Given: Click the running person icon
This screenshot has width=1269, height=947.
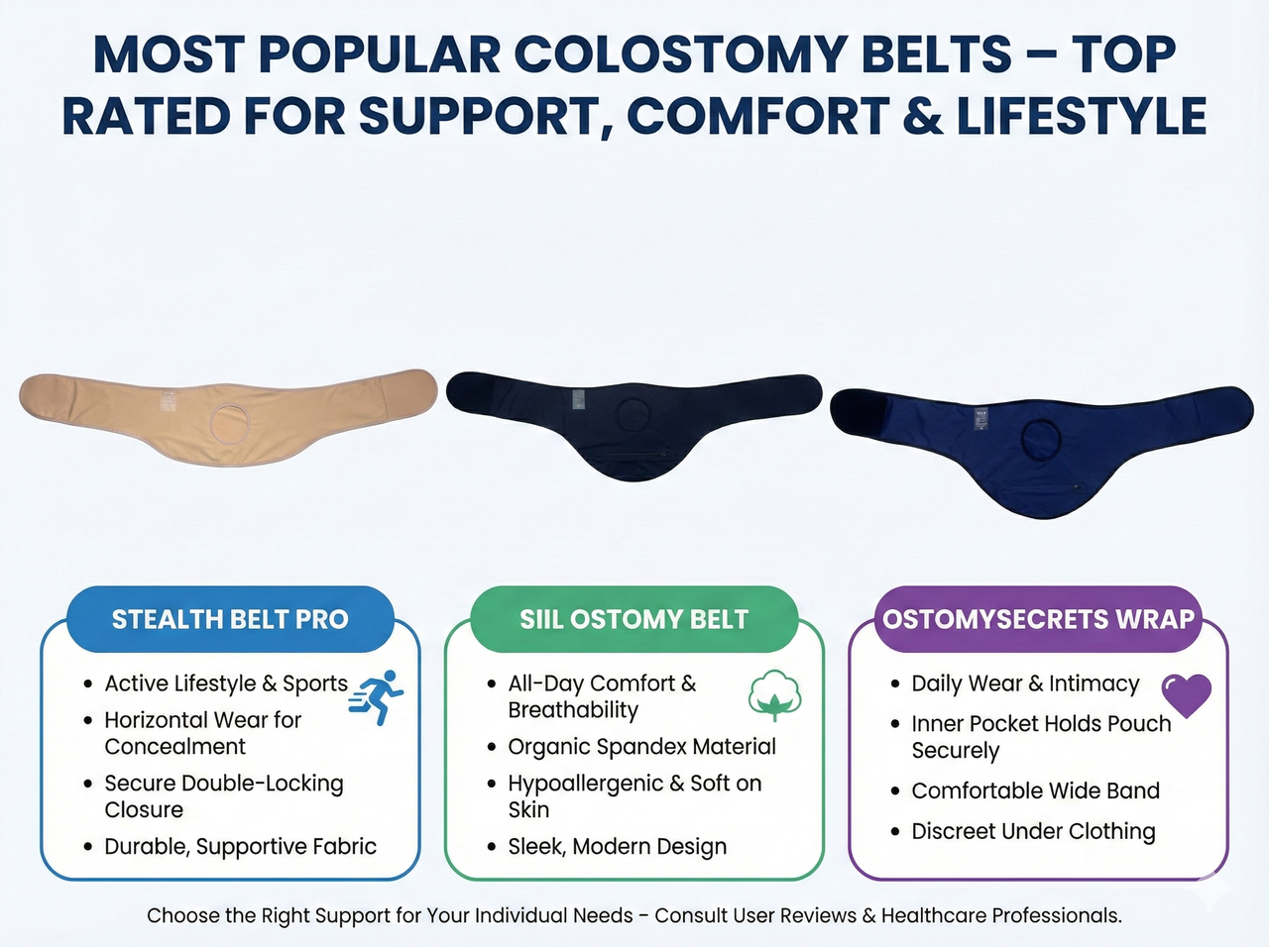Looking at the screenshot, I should click(379, 696).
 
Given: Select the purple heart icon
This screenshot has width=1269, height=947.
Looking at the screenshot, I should click(1186, 694).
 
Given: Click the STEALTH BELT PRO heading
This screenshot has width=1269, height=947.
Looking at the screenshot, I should click(230, 619).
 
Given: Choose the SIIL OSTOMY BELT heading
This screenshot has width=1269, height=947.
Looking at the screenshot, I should click(634, 619).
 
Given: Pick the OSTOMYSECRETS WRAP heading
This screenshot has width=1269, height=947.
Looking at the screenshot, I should click(1038, 619).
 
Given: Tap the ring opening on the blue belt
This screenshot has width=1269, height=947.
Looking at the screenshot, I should click(1041, 438).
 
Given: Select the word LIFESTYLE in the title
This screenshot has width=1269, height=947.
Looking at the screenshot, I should click(1081, 116).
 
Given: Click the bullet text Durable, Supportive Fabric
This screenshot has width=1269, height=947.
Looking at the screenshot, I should click(241, 846).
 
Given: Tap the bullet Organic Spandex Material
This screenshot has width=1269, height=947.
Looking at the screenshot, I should click(641, 746).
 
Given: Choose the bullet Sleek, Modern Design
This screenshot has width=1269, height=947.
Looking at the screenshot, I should click(617, 846).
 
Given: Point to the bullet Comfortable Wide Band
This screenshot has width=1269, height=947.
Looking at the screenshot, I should click(1035, 790).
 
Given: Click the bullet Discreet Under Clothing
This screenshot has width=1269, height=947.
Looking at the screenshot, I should click(1033, 831).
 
